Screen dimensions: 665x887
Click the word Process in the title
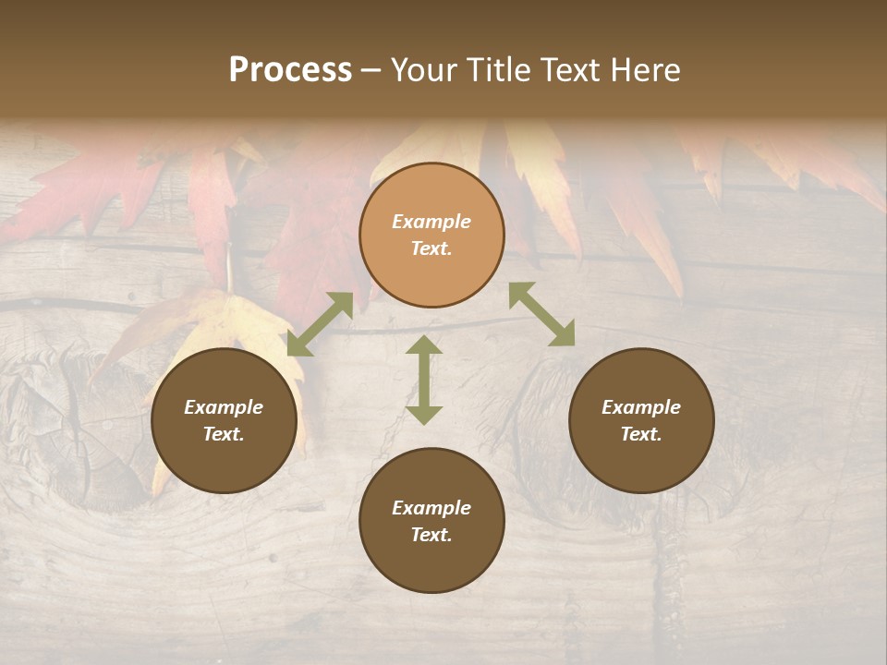pyautogui.click(x=290, y=70)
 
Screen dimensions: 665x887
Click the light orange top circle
pyautogui.click(x=431, y=236)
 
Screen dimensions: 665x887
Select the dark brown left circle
pyautogui.click(x=224, y=420)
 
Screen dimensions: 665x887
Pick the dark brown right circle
pyautogui.click(x=641, y=420)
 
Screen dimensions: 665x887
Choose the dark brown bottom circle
pyautogui.click(x=431, y=521)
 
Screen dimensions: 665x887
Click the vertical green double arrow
pyautogui.click(x=424, y=380)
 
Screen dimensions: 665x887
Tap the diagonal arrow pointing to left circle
pyautogui.click(x=320, y=324)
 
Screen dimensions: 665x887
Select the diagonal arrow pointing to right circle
pyautogui.click(x=541, y=314)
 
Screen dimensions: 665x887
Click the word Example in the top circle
pyautogui.click(x=431, y=222)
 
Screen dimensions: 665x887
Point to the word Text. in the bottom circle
pyautogui.click(x=431, y=535)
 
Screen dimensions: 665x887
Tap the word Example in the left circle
pyautogui.click(x=224, y=407)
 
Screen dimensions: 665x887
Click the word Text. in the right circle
pyautogui.click(x=641, y=434)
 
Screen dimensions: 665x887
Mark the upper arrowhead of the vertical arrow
pyautogui.click(x=424, y=346)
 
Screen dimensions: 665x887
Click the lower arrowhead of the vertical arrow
pyautogui.click(x=424, y=413)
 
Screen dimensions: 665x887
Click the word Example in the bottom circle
pyautogui.click(x=431, y=508)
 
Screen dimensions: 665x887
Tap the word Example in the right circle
pyautogui.click(x=641, y=407)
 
